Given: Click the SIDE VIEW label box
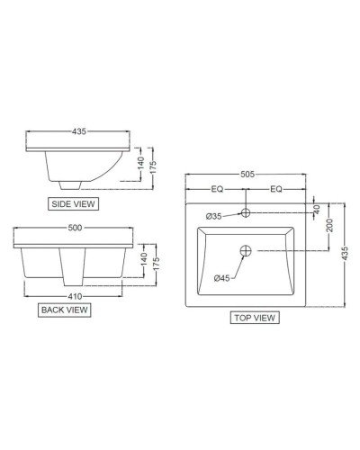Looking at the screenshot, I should [x=73, y=205].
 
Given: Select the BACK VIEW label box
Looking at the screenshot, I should [x=64, y=310].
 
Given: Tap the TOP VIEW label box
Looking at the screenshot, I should [x=254, y=317].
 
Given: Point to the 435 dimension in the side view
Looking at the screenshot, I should [x=78, y=131].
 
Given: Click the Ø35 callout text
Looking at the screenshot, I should [x=214, y=216].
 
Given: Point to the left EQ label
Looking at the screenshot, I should [x=217, y=190].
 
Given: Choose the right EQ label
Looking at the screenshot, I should [x=276, y=190].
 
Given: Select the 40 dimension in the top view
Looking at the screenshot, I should [x=317, y=208].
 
